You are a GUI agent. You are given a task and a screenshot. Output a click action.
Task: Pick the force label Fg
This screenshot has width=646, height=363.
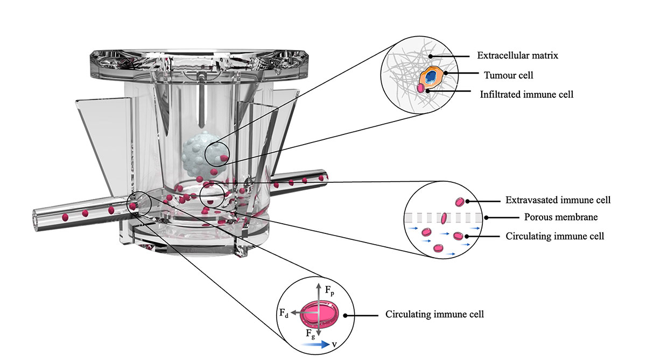(x=311, y=334)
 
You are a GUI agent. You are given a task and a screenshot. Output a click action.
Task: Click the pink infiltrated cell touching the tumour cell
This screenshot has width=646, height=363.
(x=420, y=88)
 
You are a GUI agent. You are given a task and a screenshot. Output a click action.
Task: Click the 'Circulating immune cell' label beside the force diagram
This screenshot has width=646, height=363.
(x=434, y=314)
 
